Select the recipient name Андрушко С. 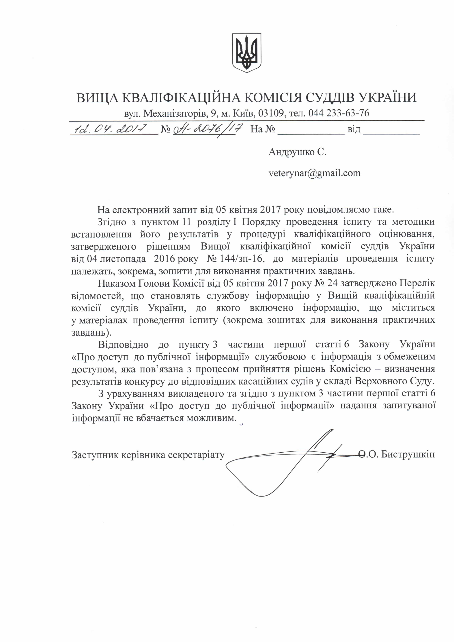pos(297,152)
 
